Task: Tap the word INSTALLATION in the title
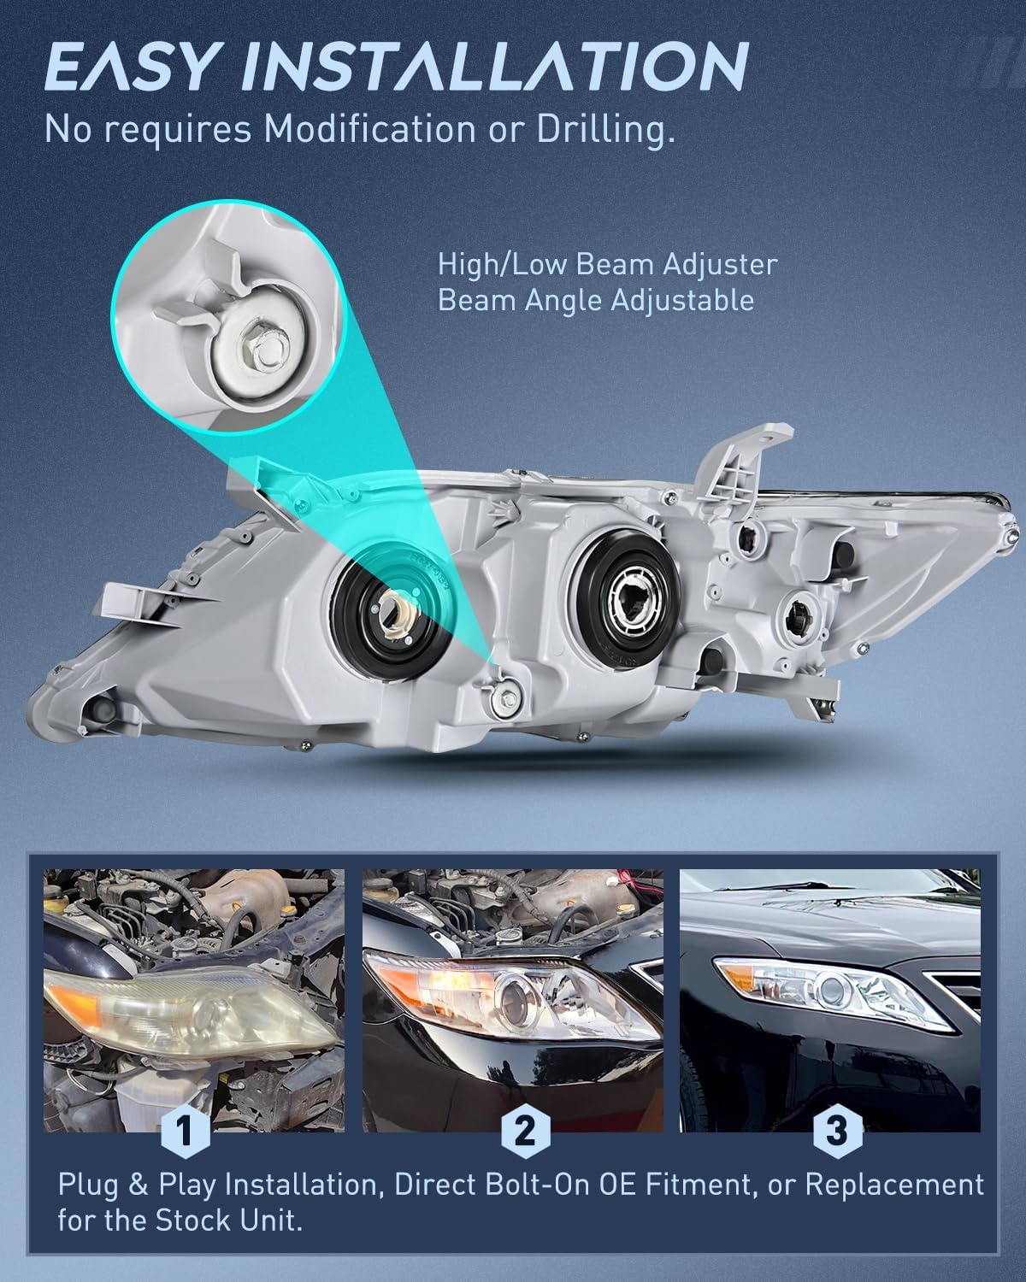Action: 497,66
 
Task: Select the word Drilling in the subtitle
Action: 606,130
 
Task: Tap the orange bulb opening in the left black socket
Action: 394,611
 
